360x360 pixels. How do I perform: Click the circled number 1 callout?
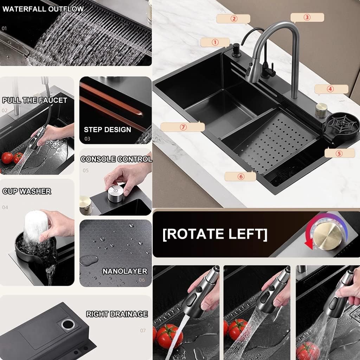tap(215, 43)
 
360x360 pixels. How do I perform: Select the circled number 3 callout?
tap(307, 18)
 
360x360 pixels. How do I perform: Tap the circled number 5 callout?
tap(339, 153)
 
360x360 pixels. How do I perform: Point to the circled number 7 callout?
tap(183, 127)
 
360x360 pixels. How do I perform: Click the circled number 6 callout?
tap(240, 176)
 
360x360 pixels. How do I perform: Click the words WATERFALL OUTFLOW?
tap(43, 9)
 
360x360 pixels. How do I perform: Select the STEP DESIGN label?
tap(108, 129)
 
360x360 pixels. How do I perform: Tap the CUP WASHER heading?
tap(27, 191)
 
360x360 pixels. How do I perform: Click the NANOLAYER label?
tap(125, 271)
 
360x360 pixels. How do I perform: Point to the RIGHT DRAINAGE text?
tap(117, 314)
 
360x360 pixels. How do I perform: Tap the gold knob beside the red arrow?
tap(328, 237)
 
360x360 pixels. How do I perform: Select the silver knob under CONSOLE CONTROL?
tap(115, 194)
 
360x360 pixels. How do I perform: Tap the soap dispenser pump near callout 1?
tap(236, 51)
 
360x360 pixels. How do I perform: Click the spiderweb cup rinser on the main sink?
tap(342, 126)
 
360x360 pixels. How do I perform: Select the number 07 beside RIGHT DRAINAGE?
tap(143, 330)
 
